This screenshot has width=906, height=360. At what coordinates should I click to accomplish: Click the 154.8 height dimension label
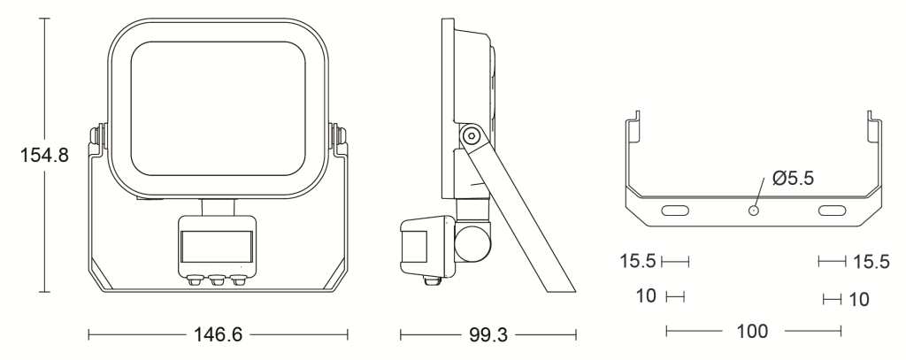click(x=44, y=155)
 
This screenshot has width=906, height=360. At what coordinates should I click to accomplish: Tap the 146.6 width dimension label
click(x=218, y=334)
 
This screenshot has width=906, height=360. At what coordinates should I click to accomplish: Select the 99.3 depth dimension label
click(x=488, y=334)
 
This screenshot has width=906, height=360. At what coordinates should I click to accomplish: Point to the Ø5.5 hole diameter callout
click(x=793, y=179)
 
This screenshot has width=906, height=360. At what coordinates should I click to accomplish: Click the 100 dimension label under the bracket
click(x=752, y=331)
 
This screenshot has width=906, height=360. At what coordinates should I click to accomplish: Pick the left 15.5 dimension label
click(x=638, y=261)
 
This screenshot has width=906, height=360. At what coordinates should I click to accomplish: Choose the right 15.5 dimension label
click(x=871, y=262)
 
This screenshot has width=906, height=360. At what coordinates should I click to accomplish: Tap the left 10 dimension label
click(x=646, y=295)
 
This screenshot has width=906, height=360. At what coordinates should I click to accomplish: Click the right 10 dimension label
click(x=859, y=299)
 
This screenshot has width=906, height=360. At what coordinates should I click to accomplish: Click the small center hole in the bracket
click(x=754, y=211)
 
